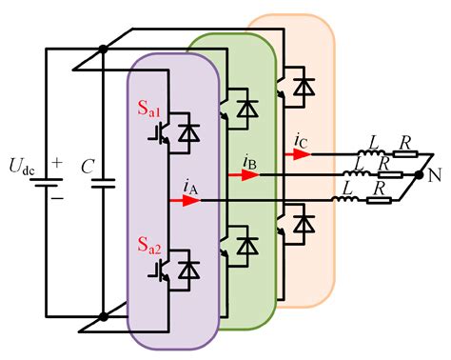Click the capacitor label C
click(88, 167)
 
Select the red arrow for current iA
click(177, 201)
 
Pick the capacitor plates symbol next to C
click(102, 179)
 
